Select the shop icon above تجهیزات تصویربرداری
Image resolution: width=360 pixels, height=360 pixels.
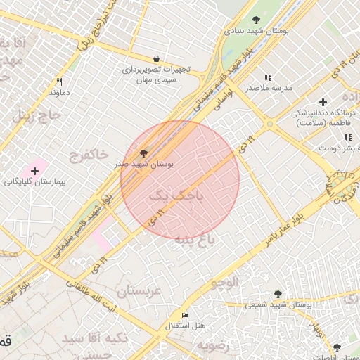(155, 58)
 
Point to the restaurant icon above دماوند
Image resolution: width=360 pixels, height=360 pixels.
(59, 82)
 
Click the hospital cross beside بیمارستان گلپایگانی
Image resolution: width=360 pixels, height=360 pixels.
(34, 171)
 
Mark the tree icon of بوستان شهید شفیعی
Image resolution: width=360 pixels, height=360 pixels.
(278, 293)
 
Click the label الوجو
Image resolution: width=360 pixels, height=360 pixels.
(225, 282)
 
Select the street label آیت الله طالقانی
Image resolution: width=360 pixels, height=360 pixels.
(92, 295)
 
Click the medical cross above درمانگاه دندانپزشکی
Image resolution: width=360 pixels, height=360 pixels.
(323, 103)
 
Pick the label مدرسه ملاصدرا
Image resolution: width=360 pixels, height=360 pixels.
(267, 89)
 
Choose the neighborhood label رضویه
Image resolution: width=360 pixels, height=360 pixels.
(213, 346)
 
